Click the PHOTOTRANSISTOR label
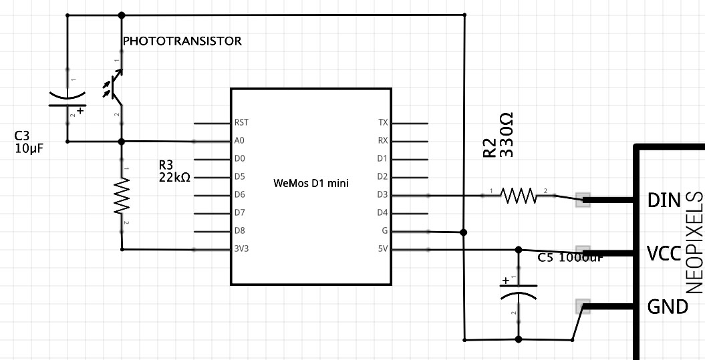click(182, 41)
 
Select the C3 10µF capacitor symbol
click(67, 100)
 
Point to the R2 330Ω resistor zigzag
click(519, 195)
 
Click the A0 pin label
click(240, 141)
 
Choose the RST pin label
click(242, 123)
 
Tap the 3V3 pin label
click(243, 249)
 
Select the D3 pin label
click(382, 195)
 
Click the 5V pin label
click(382, 249)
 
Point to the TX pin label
click(383, 123)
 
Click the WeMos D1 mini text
click(311, 182)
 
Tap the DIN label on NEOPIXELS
click(664, 200)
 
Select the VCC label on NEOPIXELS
click(664, 254)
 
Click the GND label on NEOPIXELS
click(668, 307)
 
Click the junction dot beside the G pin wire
click(464, 232)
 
